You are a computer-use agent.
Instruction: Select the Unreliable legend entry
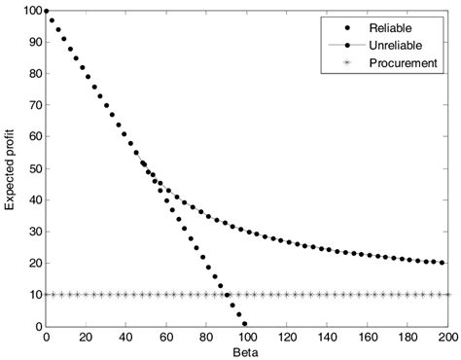[399, 45]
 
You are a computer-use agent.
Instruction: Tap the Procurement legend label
[403, 62]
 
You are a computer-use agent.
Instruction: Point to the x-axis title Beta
[246, 351]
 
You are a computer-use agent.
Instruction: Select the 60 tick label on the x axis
[165, 337]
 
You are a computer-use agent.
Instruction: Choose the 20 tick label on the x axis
[86, 337]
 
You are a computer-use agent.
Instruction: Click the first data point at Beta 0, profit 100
[46, 12]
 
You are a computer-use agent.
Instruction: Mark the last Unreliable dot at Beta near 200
[443, 263]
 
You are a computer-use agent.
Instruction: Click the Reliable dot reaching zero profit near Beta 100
[244, 324]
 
